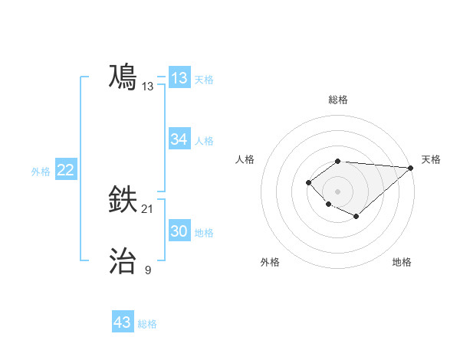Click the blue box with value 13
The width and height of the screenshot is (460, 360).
tap(179, 78)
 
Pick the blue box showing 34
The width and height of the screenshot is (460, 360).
tap(179, 139)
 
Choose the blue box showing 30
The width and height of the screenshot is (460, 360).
tap(179, 232)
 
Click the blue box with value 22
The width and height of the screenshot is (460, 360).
tap(65, 170)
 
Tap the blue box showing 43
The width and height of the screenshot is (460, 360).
tap(123, 322)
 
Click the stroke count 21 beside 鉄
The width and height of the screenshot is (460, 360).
tap(148, 209)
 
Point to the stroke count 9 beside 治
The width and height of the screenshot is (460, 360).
tap(148, 270)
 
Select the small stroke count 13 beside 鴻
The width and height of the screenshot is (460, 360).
tap(148, 87)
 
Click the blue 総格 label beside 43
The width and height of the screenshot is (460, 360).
tap(147, 324)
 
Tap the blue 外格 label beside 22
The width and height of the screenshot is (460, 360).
tap(41, 172)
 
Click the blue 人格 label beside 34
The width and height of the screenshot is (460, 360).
tap(204, 141)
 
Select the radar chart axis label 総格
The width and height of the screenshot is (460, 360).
tap(337, 100)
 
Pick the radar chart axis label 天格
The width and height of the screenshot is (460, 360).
tap(431, 159)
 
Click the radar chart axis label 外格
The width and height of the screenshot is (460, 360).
tap(270, 262)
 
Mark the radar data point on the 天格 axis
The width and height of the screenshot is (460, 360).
tap(410, 168)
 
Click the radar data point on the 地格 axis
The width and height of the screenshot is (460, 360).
tap(356, 217)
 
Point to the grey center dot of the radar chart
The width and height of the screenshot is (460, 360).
tap(337, 191)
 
